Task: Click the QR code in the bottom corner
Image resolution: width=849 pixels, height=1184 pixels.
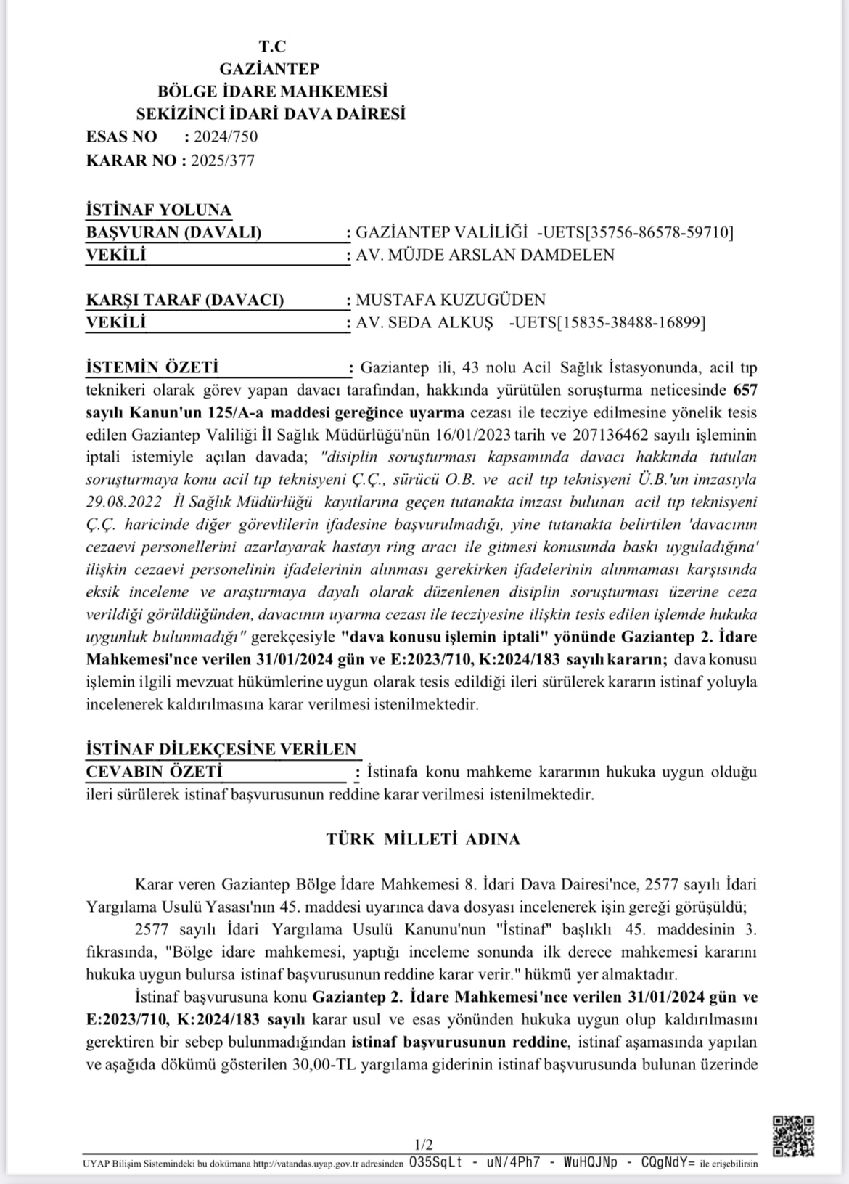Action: (x=793, y=1136)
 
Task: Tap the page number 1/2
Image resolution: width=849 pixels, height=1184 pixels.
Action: (x=424, y=1146)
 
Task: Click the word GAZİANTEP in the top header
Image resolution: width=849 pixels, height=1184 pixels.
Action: (x=269, y=69)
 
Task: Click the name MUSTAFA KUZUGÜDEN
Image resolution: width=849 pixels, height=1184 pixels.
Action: (x=451, y=300)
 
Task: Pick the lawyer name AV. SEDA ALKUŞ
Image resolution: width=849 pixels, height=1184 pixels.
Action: (x=424, y=322)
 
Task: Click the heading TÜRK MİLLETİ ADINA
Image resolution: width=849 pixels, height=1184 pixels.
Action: (x=424, y=839)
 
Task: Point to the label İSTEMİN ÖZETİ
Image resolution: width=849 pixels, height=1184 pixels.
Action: (x=152, y=368)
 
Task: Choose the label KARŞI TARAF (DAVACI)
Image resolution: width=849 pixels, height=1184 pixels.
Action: (x=185, y=300)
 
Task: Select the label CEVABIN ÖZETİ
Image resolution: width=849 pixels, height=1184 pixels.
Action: (x=154, y=772)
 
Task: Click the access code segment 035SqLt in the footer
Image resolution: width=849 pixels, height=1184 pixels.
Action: (x=435, y=1163)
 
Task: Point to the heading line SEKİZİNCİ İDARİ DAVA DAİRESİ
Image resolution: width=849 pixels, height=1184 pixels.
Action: (x=271, y=114)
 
